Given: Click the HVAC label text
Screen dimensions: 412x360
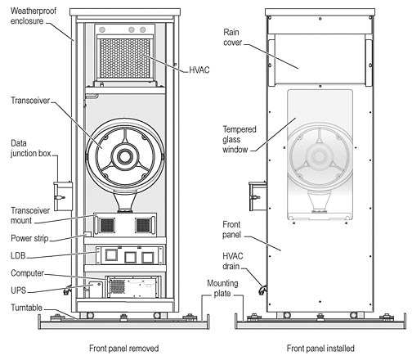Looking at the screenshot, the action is (x=199, y=70).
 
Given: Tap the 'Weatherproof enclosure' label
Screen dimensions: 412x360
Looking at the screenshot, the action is (x=34, y=16).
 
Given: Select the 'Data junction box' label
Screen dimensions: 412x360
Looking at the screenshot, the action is (x=30, y=148).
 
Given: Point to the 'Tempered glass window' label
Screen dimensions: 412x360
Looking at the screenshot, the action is (x=240, y=139).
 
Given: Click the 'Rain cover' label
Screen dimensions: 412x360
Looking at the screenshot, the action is (x=232, y=37).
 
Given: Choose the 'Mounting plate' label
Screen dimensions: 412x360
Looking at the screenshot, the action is (x=222, y=288).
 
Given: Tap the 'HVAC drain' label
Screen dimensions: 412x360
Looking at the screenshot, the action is (x=232, y=261).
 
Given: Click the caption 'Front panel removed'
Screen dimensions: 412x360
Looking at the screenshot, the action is (x=124, y=349).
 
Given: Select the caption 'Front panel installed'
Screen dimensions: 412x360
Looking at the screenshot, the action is (x=320, y=349).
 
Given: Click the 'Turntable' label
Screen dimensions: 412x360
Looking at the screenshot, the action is (x=26, y=308).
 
